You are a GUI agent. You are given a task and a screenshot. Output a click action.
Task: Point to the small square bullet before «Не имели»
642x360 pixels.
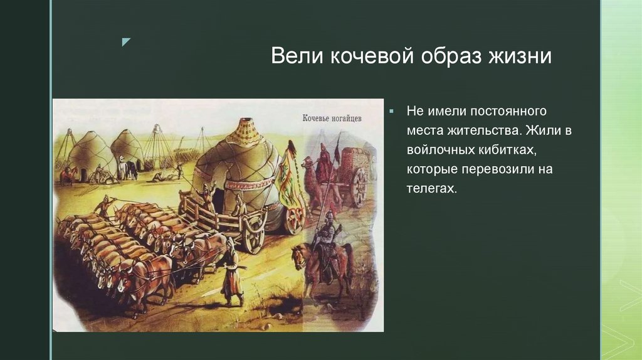tap(391, 111)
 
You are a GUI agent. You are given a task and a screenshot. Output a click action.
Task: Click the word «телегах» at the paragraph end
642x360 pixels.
tap(432, 188)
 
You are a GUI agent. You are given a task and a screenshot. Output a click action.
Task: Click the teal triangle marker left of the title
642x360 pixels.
tap(126, 42)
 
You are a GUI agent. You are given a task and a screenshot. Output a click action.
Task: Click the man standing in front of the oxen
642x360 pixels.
tap(233, 270)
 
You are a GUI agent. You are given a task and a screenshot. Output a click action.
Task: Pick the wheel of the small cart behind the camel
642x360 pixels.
tap(359, 187)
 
